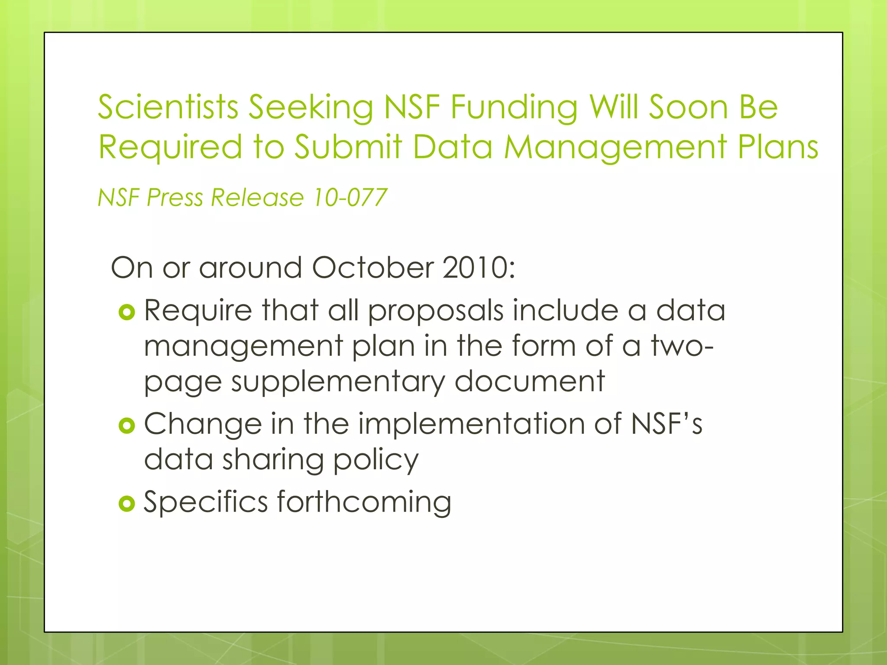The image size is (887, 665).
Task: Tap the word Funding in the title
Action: coord(514,107)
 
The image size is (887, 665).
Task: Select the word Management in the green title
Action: coord(615,147)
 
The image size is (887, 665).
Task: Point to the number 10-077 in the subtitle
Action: coord(349,197)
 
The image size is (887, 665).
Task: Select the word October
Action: coord(372,268)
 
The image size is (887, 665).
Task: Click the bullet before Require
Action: coord(127,312)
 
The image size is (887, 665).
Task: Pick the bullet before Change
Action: coord(127,426)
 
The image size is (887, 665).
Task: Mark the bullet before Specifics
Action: coord(127,504)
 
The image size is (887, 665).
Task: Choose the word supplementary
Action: coord(338,382)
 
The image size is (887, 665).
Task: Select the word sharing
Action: coord(273,460)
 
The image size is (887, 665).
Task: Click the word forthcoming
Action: coord(364,502)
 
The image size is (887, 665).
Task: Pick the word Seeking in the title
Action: coord(311,107)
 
